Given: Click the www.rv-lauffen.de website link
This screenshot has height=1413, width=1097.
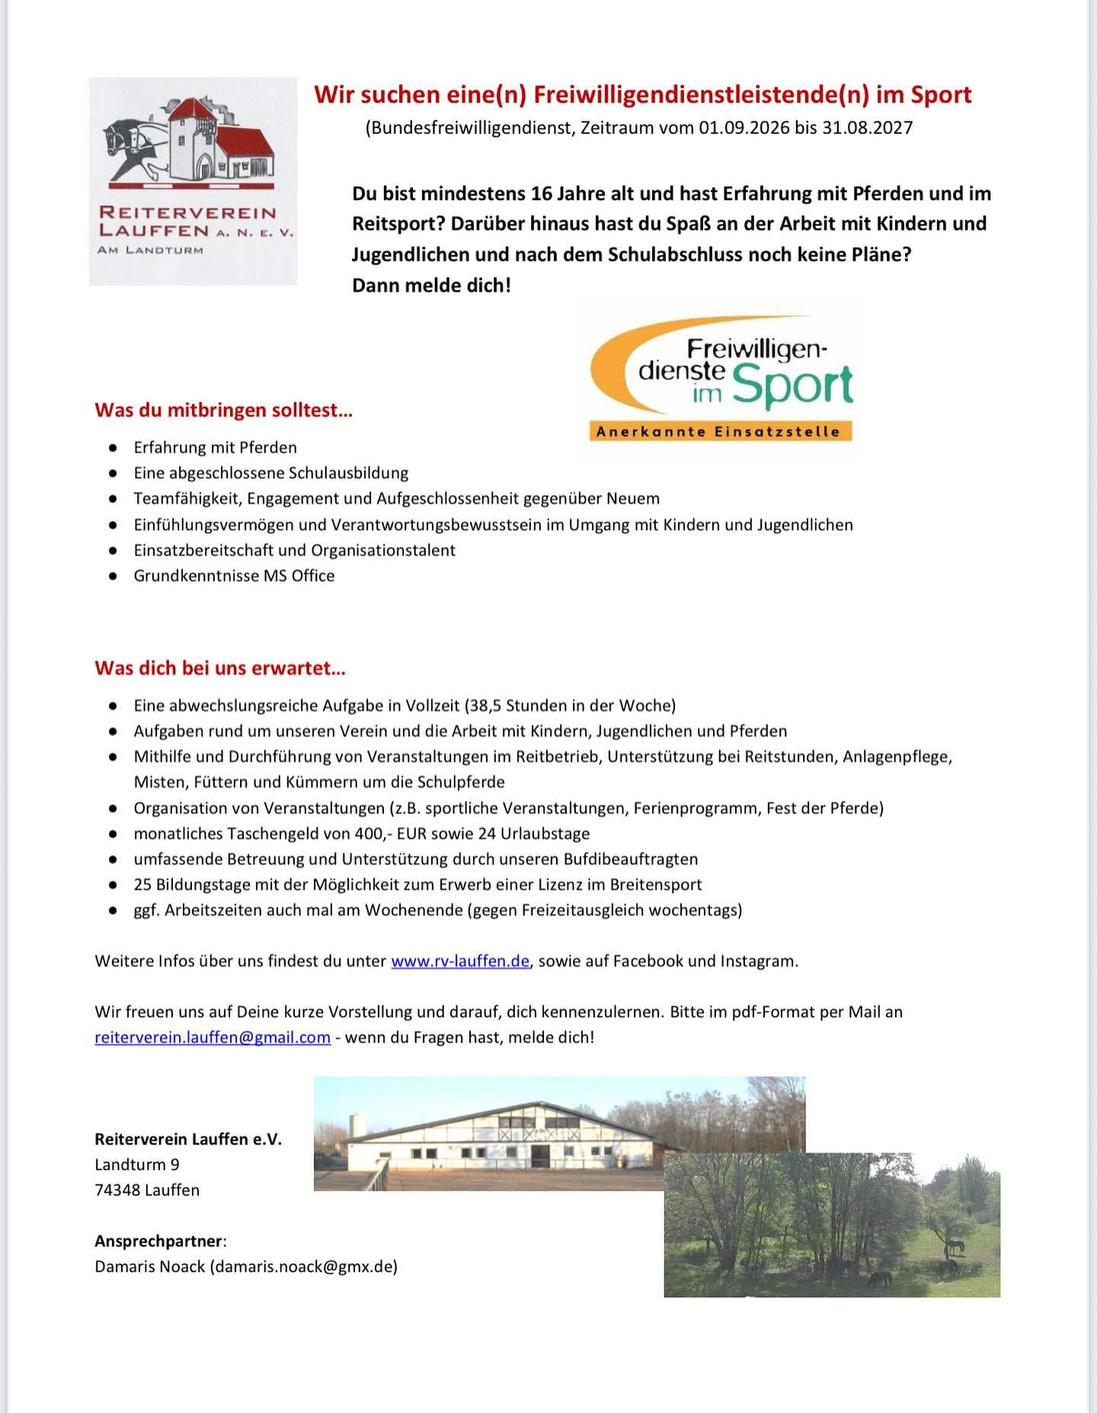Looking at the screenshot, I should click(x=459, y=961).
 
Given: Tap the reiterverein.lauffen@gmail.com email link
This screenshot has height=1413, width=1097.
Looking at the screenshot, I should click(x=213, y=1037).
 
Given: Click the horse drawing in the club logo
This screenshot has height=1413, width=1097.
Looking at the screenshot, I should click(x=134, y=149).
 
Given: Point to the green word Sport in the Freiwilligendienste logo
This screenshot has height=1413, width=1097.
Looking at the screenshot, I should click(x=792, y=386).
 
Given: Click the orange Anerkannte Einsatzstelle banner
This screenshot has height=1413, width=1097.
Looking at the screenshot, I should click(x=719, y=432).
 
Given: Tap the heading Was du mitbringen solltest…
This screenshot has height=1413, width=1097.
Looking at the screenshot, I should click(x=223, y=411).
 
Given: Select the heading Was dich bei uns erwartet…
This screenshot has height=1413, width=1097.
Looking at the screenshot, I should click(x=219, y=668).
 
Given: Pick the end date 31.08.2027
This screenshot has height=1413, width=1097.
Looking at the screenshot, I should click(x=866, y=127).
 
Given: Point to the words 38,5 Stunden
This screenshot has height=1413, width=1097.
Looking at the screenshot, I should click(x=526, y=705).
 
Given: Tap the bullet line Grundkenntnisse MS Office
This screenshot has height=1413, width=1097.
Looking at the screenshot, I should click(x=234, y=576).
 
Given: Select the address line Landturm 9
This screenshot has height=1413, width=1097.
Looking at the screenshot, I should click(x=137, y=1165).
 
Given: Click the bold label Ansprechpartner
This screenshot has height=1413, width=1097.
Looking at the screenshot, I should click(x=158, y=1241).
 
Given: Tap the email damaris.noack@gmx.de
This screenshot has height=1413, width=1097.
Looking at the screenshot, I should click(x=303, y=1267).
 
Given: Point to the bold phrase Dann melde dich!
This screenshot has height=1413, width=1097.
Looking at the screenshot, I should click(x=431, y=286).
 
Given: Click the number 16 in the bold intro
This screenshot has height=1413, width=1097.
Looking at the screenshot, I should click(x=542, y=193).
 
